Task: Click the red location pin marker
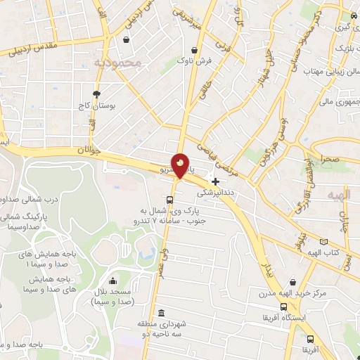[x=180, y=166]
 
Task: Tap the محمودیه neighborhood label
[x=117, y=63]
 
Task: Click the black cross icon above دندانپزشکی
[x=215, y=181]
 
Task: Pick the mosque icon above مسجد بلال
[x=112, y=281]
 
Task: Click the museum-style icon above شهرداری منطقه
[x=161, y=313]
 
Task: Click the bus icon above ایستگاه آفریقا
[x=283, y=307]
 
